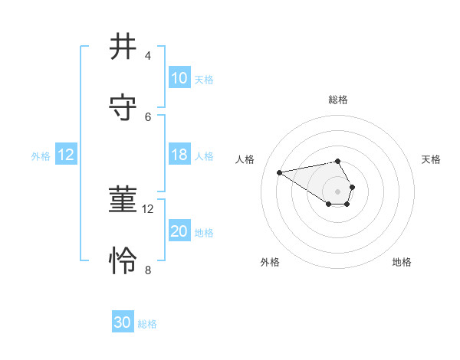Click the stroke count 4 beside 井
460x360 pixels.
[148, 56]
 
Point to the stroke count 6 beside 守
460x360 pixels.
[148, 116]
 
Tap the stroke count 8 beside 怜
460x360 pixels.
[148, 270]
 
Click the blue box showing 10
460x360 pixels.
[179, 78]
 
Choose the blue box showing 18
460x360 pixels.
[179, 155]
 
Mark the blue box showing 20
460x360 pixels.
[179, 231]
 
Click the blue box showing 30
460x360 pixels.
[123, 322]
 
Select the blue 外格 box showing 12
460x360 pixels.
[66, 155]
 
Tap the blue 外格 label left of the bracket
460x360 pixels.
[41, 155]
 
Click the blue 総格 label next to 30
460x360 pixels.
[147, 324]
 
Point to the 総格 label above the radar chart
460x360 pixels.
[338, 100]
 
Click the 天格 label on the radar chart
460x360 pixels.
[432, 159]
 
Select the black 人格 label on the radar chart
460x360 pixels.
[245, 159]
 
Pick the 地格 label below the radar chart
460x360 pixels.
[402, 262]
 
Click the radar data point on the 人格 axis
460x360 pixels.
[280, 172]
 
